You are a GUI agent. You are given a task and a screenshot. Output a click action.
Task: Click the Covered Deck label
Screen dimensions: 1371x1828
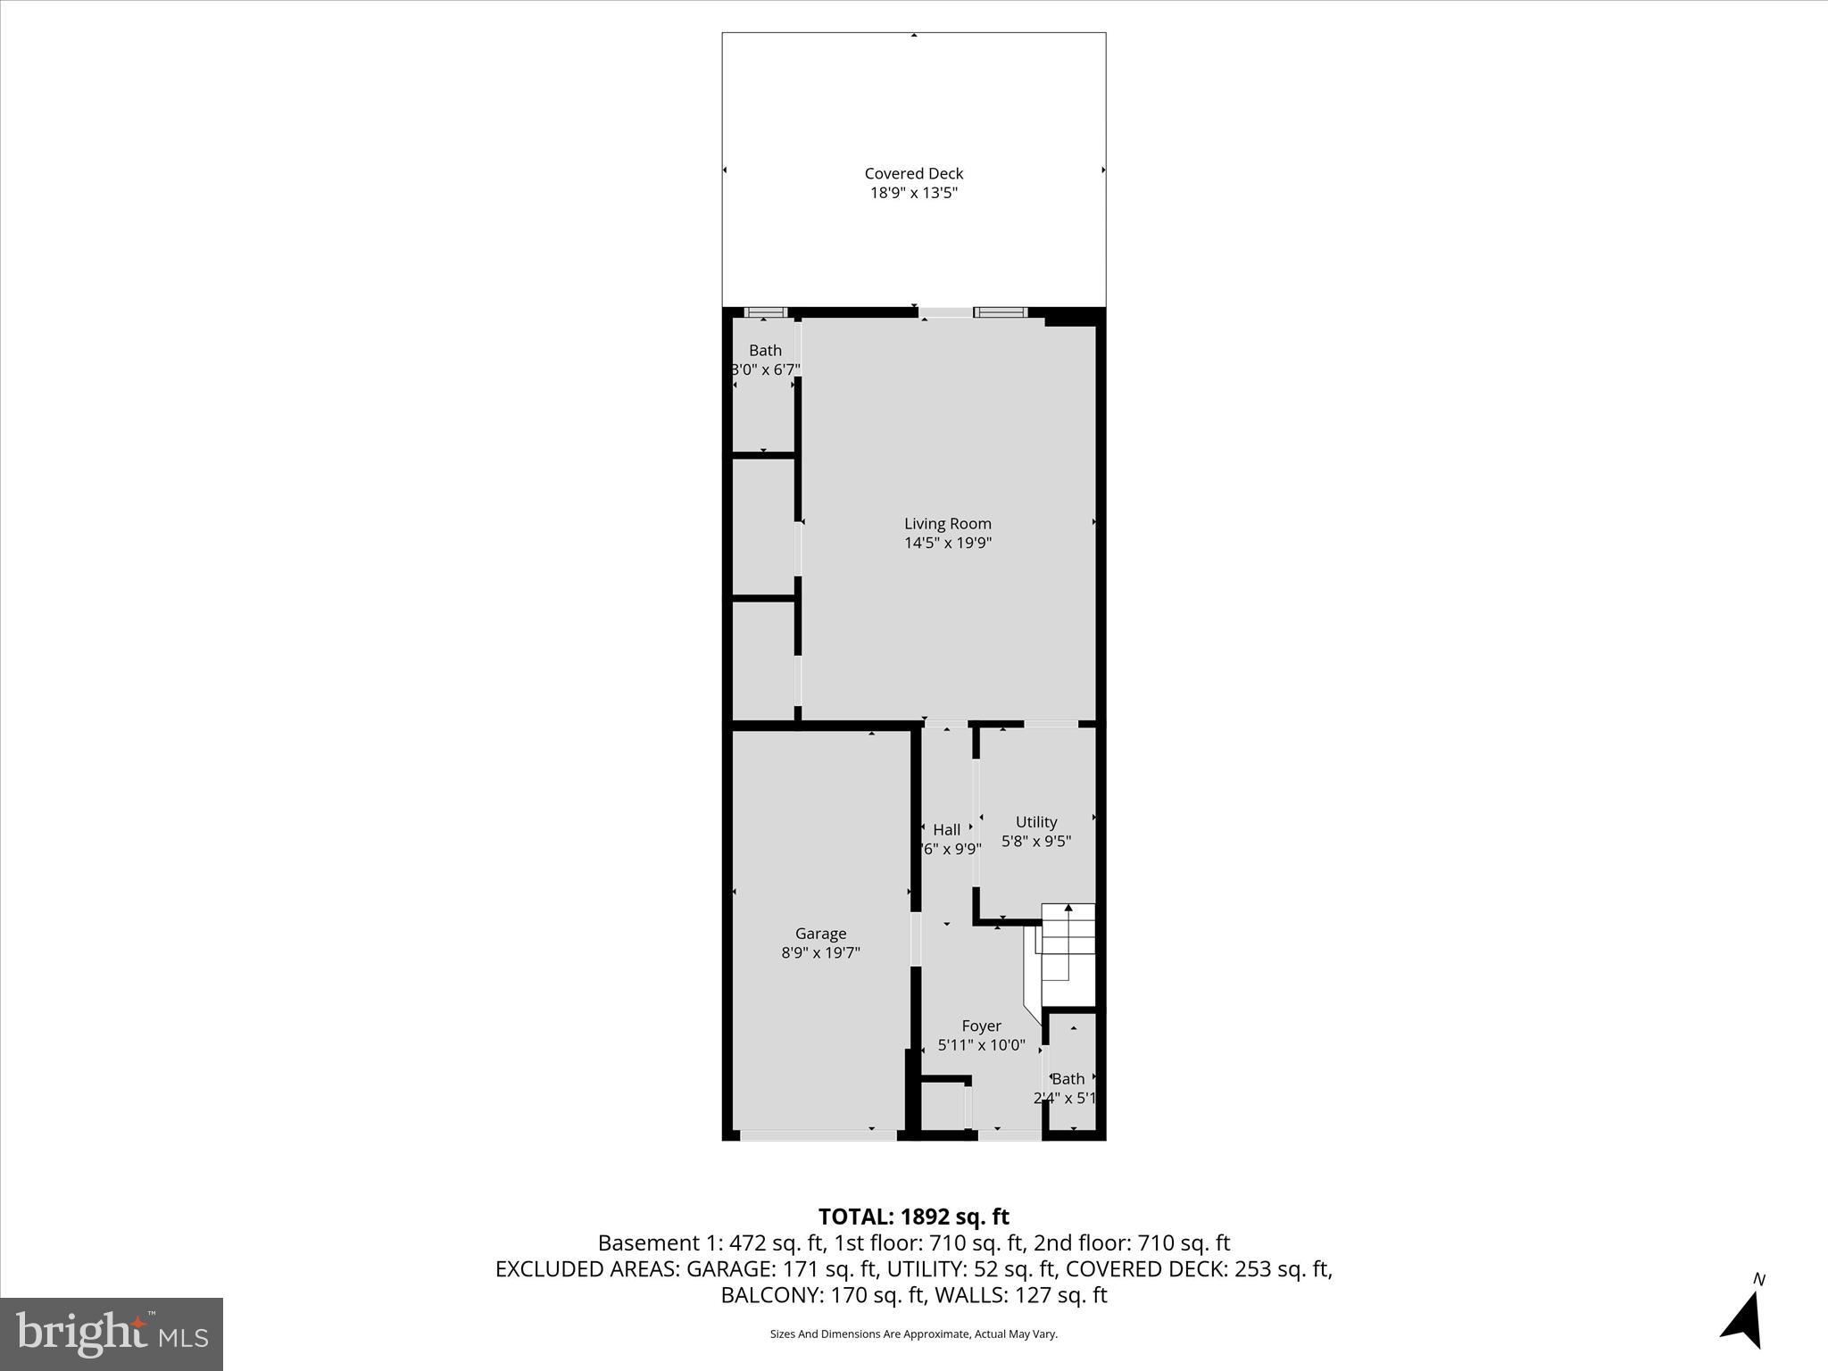click(913, 173)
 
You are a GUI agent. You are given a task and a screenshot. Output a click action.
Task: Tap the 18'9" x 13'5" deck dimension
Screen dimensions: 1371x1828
click(913, 193)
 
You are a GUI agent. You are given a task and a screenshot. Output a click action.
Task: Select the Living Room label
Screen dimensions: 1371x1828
click(947, 524)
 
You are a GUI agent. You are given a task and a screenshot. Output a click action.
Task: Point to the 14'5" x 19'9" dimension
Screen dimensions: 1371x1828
click(947, 543)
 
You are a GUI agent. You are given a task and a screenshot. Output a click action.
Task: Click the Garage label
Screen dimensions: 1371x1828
click(820, 934)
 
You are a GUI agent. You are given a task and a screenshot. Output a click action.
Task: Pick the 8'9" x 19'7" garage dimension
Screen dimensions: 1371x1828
click(820, 952)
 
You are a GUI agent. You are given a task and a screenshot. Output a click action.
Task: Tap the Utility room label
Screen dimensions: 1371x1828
click(1035, 822)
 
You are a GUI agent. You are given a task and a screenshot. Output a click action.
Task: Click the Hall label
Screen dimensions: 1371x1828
click(946, 830)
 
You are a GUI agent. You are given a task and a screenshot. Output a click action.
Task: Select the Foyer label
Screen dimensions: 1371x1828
click(981, 1026)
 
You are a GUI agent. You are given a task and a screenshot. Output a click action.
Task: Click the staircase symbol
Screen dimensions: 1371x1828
click(1067, 951)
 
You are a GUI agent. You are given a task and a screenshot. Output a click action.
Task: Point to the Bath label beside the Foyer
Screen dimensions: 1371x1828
click(1068, 1079)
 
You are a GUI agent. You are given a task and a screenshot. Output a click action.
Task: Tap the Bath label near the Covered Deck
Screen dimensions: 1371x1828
click(765, 351)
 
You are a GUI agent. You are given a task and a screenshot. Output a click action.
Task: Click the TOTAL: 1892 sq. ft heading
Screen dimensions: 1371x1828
click(913, 1217)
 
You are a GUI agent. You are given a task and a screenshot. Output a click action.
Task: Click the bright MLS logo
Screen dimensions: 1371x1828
click(112, 1334)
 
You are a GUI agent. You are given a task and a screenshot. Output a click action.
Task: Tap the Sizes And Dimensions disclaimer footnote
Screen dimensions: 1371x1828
click(913, 1334)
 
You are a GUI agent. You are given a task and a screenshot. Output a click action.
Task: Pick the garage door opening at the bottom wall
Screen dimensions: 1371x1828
click(818, 1135)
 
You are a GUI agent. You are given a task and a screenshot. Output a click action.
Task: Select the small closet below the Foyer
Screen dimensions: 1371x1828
click(942, 1107)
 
